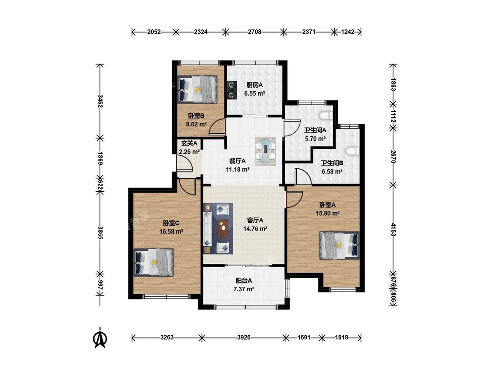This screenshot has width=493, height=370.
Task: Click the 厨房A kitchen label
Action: pos(254,85)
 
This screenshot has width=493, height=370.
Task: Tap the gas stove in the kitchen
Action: pos(232,90)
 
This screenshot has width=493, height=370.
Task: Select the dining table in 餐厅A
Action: pos(266,151)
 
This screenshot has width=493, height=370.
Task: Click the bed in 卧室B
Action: pos(198,89)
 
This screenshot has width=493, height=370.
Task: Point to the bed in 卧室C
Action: pos(153,263)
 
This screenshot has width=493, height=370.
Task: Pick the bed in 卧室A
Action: pos(340,245)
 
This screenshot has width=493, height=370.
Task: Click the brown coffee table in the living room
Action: pos(223,228)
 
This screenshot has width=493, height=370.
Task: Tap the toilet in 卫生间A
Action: pos(326,116)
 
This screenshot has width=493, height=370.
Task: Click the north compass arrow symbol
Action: pos(100,338)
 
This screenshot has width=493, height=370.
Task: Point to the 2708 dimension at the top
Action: pos(254,32)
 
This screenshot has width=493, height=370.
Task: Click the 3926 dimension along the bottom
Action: pos(244,338)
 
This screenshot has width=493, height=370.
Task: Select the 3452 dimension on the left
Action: pos(100,101)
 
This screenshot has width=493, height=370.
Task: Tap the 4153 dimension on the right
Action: pos(393,229)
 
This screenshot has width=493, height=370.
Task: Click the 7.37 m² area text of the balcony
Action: pos(244,289)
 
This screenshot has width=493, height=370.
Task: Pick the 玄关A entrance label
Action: pos(189,143)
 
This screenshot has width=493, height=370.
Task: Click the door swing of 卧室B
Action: pos(217,128)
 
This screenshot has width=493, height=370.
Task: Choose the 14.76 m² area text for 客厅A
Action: pos(255,229)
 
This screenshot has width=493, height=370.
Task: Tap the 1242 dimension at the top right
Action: pos(348,32)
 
